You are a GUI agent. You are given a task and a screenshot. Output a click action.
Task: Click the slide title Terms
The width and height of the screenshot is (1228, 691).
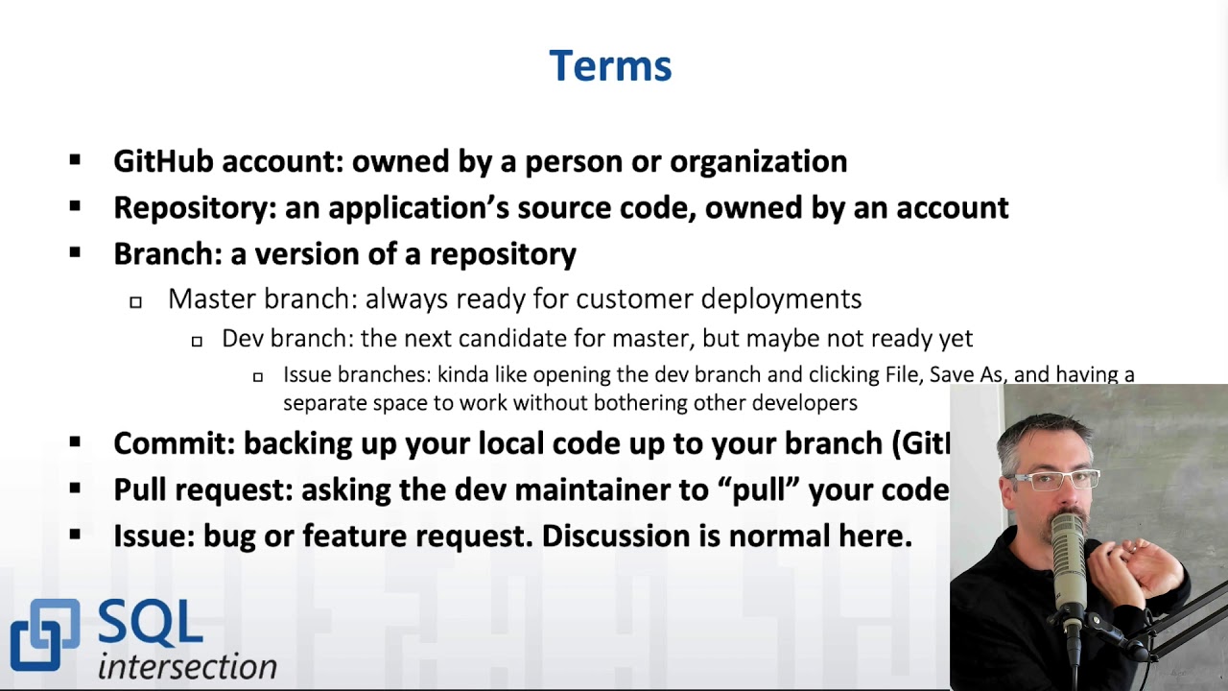pyautogui.click(x=610, y=66)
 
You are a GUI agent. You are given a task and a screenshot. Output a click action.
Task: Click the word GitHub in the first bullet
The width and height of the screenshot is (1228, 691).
pyautogui.click(x=163, y=161)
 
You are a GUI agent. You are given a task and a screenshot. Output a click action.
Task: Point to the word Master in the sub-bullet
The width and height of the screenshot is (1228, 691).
pyautogui.click(x=212, y=299)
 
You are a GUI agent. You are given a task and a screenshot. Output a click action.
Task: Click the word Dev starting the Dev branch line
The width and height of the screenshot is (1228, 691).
pyautogui.click(x=243, y=339)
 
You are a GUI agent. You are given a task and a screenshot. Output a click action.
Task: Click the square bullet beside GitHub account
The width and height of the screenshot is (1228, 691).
pyautogui.click(x=75, y=161)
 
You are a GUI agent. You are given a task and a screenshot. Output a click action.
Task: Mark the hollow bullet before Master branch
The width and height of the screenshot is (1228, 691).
pyautogui.click(x=135, y=302)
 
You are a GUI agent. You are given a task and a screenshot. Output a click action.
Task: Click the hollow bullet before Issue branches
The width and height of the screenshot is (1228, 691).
pyautogui.click(x=257, y=377)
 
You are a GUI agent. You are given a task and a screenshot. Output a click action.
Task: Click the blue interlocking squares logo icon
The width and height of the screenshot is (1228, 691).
pyautogui.click(x=44, y=634)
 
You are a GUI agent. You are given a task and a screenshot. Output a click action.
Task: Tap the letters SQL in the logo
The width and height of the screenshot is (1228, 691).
pyautogui.click(x=150, y=625)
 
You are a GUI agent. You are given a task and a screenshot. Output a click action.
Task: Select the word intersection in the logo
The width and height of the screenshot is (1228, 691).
pyautogui.click(x=187, y=667)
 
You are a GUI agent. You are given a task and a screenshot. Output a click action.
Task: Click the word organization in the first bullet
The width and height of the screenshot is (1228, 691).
pyautogui.click(x=758, y=161)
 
